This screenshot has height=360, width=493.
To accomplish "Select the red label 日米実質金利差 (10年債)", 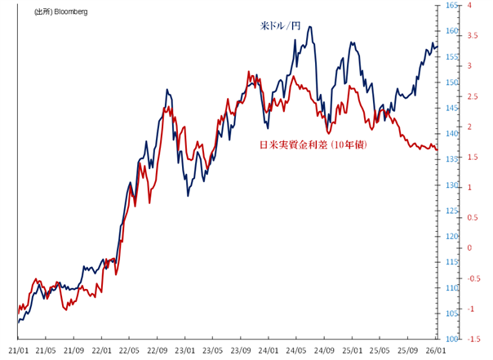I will (313, 144).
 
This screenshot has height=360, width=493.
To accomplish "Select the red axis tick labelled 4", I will (469, 6).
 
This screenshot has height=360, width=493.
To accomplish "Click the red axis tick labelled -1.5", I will (473, 339).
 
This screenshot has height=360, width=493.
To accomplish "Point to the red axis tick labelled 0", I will (469, 247).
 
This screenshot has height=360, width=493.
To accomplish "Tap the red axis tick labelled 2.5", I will (472, 96).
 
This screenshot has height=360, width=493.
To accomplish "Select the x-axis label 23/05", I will (213, 350).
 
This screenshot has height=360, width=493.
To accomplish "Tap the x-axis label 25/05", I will (380, 350).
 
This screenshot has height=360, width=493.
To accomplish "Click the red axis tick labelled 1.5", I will (472, 157).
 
